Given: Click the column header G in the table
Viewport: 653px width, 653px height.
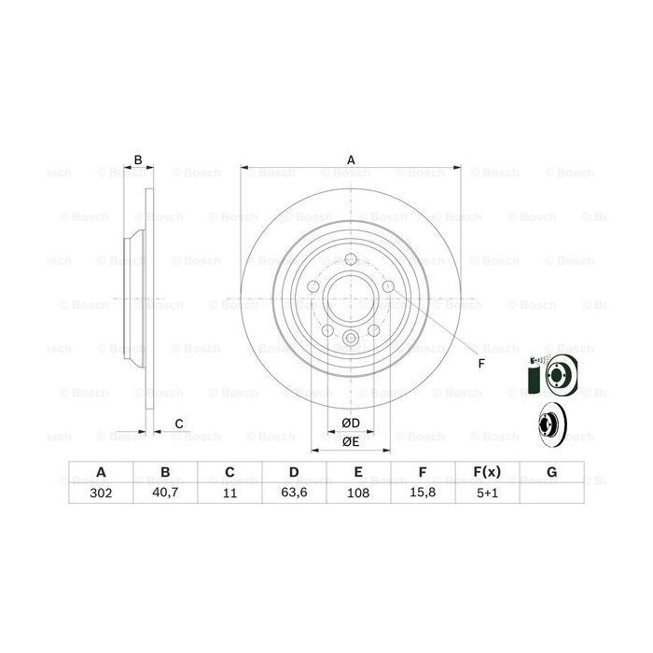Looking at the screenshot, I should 551,472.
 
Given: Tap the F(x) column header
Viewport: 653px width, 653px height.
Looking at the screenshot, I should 487,472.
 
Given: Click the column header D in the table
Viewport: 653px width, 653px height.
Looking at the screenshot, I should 293,472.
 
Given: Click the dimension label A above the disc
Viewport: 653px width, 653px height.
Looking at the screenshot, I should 351,160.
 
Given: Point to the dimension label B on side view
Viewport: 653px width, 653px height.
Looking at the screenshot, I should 138,160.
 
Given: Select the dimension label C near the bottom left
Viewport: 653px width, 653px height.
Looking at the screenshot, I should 178,424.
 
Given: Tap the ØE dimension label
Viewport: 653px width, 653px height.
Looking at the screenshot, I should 350,441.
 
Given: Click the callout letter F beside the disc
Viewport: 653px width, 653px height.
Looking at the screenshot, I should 481,363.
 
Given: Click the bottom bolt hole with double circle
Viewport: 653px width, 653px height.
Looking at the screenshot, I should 351,340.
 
